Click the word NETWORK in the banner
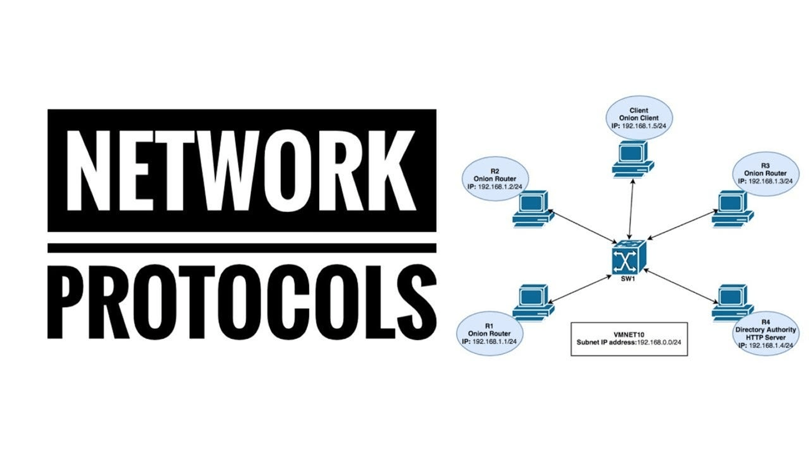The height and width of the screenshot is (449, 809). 242,169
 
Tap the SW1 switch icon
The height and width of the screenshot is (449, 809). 630,255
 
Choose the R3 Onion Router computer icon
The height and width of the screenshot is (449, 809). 731,209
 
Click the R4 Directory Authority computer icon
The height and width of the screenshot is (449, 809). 731,301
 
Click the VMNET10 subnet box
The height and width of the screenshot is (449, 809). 629,338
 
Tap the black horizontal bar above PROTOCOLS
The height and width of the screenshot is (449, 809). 242,248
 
